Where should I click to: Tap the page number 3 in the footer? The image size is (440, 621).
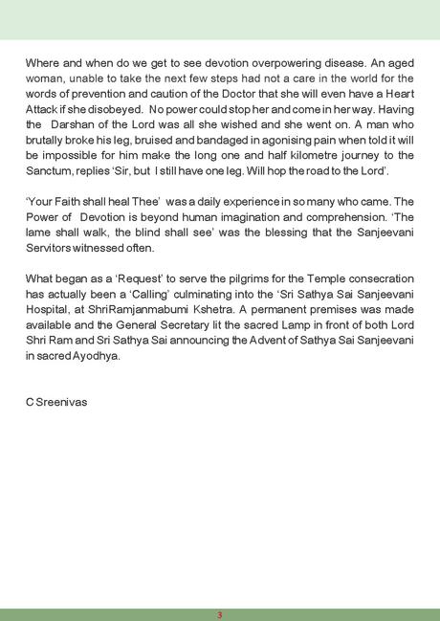point(220,613)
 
